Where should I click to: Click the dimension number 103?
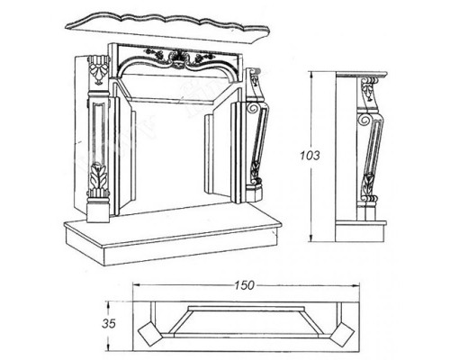point(310,156)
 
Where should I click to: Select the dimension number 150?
point(244,285)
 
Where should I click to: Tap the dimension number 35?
point(109,324)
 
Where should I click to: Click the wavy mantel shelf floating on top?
point(168,26)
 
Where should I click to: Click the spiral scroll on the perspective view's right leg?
point(252,108)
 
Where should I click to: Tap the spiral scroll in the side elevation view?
point(364,120)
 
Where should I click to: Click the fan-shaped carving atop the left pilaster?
point(97,70)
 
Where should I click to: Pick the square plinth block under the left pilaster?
point(98,212)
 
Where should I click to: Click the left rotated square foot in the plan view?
point(150,332)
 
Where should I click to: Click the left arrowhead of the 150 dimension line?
point(137,284)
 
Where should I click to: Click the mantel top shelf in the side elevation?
point(362,75)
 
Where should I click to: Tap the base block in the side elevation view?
point(360,231)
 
